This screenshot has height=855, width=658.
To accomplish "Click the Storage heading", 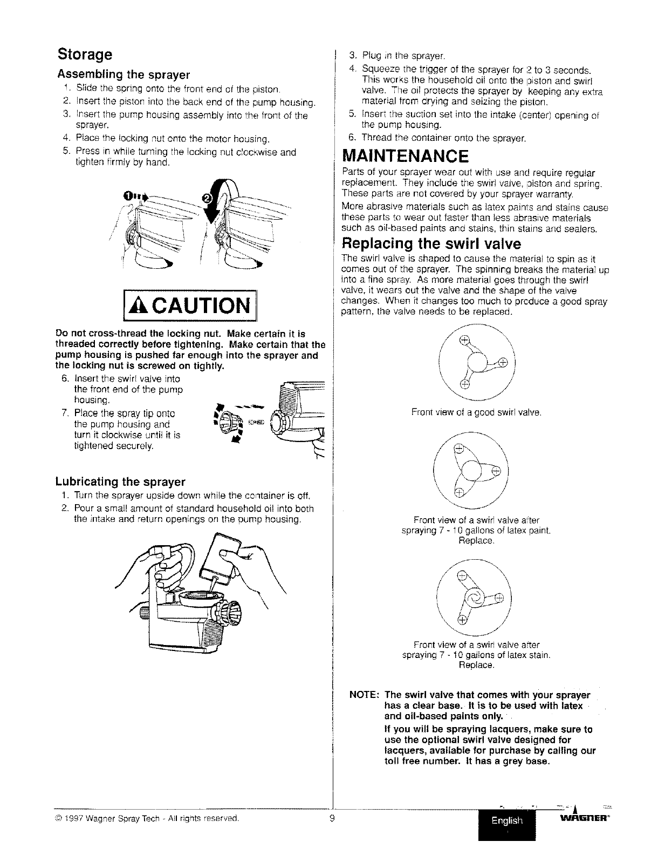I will [x=85, y=55].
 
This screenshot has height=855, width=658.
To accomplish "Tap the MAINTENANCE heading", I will [x=406, y=157].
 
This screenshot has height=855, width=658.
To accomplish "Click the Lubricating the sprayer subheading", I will [x=120, y=481].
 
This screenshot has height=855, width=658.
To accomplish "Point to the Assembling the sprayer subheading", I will [x=124, y=74].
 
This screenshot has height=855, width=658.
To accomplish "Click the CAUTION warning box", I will [x=191, y=308].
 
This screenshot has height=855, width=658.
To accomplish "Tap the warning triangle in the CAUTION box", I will [x=138, y=308].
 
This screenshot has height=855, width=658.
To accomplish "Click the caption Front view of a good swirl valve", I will [x=476, y=413].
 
